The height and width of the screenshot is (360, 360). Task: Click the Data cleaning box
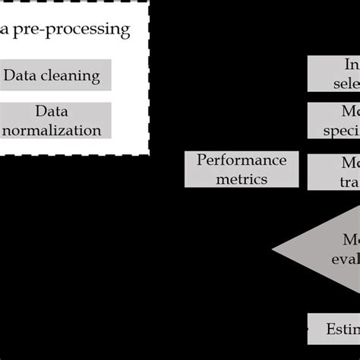(56, 75)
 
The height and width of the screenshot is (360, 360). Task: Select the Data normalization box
(56, 120)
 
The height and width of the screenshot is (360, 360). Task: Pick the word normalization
(52, 129)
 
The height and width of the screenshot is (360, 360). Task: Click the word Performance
(242, 159)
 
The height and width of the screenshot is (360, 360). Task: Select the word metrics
(241, 178)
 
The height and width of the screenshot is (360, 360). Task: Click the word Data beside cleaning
(23, 76)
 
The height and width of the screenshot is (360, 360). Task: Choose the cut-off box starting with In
(333, 73)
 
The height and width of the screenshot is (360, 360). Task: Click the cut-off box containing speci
(333, 121)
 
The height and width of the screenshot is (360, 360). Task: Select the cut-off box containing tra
(333, 172)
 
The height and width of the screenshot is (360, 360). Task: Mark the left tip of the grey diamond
(273, 248)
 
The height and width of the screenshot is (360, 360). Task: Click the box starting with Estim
(333, 328)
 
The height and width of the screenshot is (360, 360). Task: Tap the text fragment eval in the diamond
(344, 257)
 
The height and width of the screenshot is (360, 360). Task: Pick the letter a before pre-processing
(5, 30)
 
